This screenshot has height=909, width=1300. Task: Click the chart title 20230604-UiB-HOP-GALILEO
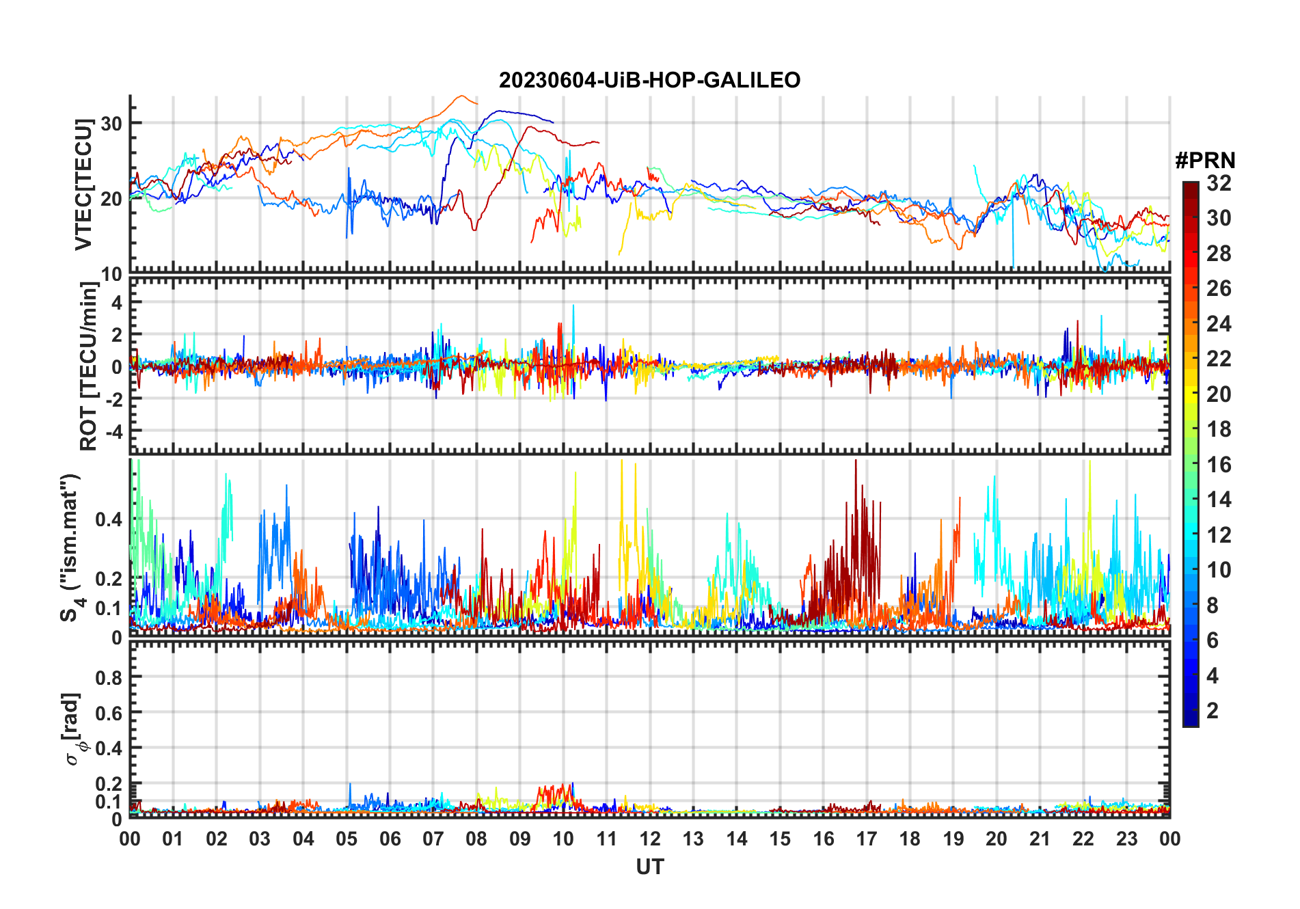tap(649, 81)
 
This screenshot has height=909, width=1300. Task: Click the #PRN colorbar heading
tap(1205, 161)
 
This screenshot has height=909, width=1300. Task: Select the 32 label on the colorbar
tap(1219, 183)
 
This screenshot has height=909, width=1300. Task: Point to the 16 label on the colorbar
tap(1219, 465)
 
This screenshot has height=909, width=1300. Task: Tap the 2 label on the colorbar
tap(1213, 711)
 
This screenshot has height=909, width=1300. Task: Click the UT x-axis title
tap(649, 867)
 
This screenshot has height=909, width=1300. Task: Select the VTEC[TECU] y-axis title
tap(83, 185)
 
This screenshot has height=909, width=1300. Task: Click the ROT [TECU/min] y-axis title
tap(89, 366)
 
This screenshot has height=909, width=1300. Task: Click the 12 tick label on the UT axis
tap(650, 839)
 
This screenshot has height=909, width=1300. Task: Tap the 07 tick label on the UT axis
tap(433, 839)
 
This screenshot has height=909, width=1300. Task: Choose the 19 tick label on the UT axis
tap(953, 839)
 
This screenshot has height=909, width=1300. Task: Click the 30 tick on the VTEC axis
tap(111, 124)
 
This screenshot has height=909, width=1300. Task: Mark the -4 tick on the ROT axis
tap(112, 432)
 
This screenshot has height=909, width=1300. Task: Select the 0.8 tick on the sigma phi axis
tap(109, 677)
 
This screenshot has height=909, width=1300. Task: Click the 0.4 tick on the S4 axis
tap(109, 519)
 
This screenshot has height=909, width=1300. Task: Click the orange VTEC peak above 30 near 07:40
tap(462, 96)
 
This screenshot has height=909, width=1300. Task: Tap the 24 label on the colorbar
tap(1219, 324)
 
